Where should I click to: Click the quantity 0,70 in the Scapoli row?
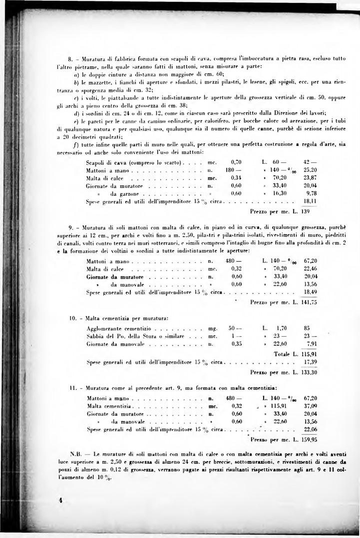click(x=236, y=162)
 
